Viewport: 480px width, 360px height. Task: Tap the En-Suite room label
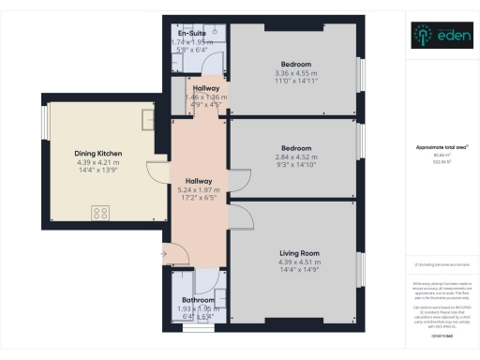tap(192, 34)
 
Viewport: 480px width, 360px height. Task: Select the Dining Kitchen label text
tap(98, 153)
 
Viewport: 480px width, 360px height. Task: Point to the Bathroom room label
tap(199, 300)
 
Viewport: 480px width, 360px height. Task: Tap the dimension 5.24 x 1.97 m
tap(198, 190)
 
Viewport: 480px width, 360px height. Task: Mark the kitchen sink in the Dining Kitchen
tap(148, 120)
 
